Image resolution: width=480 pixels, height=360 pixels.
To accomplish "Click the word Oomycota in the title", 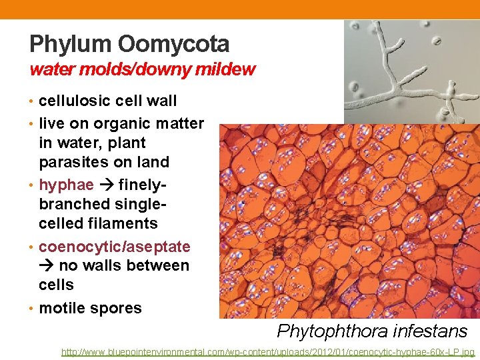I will click(174, 45).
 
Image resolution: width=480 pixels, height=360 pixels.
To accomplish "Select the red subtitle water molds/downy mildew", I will click(142, 69).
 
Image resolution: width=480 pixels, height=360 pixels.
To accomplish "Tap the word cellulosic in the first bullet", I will click(73, 101).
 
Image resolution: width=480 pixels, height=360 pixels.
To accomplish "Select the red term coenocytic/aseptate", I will click(115, 247).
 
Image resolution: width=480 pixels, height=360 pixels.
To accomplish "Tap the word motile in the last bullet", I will click(62, 308).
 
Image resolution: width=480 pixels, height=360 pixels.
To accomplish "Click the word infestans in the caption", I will click(430, 331).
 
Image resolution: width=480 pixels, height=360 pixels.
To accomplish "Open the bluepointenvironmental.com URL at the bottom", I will click(267, 351).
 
